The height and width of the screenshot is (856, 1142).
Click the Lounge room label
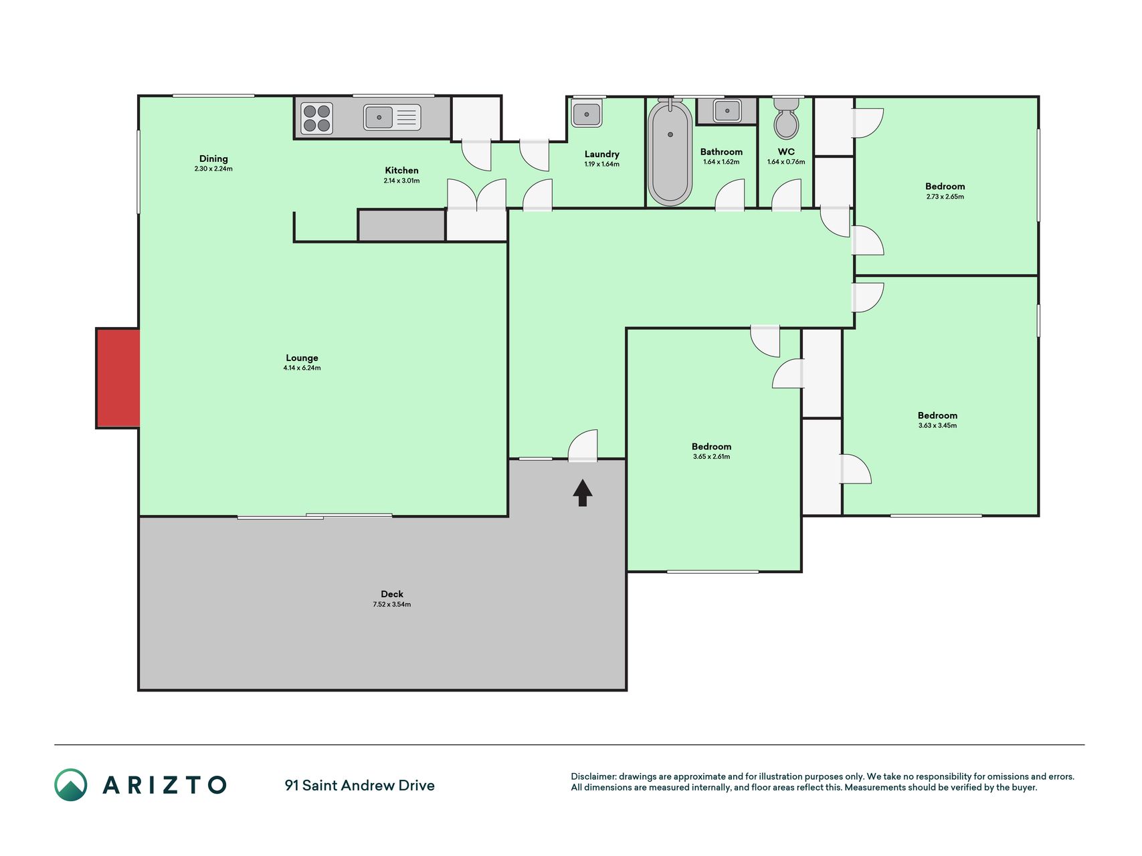point(302,358)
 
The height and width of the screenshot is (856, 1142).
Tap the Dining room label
point(213,158)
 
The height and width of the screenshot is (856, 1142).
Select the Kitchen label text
point(401,171)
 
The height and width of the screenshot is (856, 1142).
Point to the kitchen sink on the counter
point(392,118)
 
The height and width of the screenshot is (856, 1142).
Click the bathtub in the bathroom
point(670,153)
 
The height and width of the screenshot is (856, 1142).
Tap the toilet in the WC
point(786,118)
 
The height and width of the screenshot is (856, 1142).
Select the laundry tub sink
point(587,113)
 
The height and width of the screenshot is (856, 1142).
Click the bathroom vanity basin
point(727,111)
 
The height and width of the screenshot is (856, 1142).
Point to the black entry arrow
point(582,493)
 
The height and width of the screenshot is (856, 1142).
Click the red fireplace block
point(118,378)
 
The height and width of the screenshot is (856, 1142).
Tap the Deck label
point(392,594)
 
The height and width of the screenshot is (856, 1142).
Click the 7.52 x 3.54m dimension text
point(392,605)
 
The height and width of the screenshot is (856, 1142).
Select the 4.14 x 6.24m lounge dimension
point(302,368)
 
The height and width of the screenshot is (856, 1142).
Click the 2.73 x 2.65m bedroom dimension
point(945,197)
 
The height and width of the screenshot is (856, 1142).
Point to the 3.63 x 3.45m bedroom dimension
point(937,425)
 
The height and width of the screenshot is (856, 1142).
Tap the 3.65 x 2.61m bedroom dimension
point(711,457)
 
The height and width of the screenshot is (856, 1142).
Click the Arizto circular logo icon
point(71,785)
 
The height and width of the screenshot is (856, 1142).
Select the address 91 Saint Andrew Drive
point(359,786)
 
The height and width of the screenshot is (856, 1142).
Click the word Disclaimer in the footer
point(593,776)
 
